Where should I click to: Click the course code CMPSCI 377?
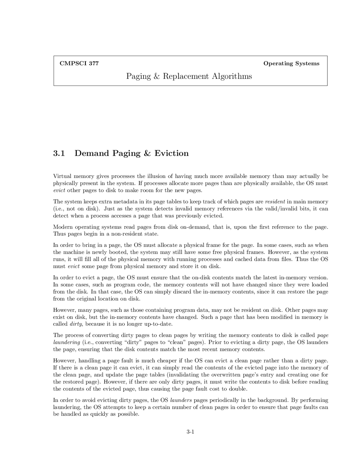tap(79, 63)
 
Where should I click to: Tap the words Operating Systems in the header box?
tap(291, 63)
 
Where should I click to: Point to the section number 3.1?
tap(59, 153)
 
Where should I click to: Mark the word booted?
tap(118, 252)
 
